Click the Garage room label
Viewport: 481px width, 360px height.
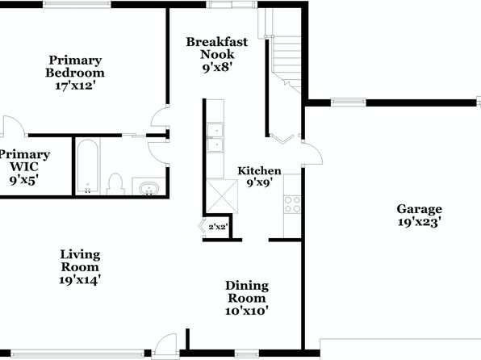tap(420, 209)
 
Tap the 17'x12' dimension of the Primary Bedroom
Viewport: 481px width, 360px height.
tap(73, 86)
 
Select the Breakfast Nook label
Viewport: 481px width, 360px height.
tap(217, 48)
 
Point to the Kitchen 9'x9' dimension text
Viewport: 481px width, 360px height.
tap(260, 183)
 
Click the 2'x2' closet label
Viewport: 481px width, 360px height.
tap(218, 227)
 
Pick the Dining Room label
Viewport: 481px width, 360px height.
tap(247, 291)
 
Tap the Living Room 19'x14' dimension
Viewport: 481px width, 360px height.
tap(80, 280)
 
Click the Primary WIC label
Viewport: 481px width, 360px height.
tap(24, 161)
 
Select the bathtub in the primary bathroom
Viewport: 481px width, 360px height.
tap(88, 166)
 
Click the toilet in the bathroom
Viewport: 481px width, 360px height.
tap(115, 184)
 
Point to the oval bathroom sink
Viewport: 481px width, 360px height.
tap(149, 188)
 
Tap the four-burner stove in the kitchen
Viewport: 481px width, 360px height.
tap(292, 205)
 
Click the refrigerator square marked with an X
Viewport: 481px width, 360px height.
tap(222, 196)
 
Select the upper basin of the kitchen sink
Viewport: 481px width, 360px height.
tap(215, 129)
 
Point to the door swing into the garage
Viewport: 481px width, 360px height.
tap(313, 153)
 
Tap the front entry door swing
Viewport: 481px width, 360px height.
tap(165, 345)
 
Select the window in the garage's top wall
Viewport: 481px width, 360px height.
tap(348, 103)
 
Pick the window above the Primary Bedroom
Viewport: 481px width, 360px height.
tap(77, 4)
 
